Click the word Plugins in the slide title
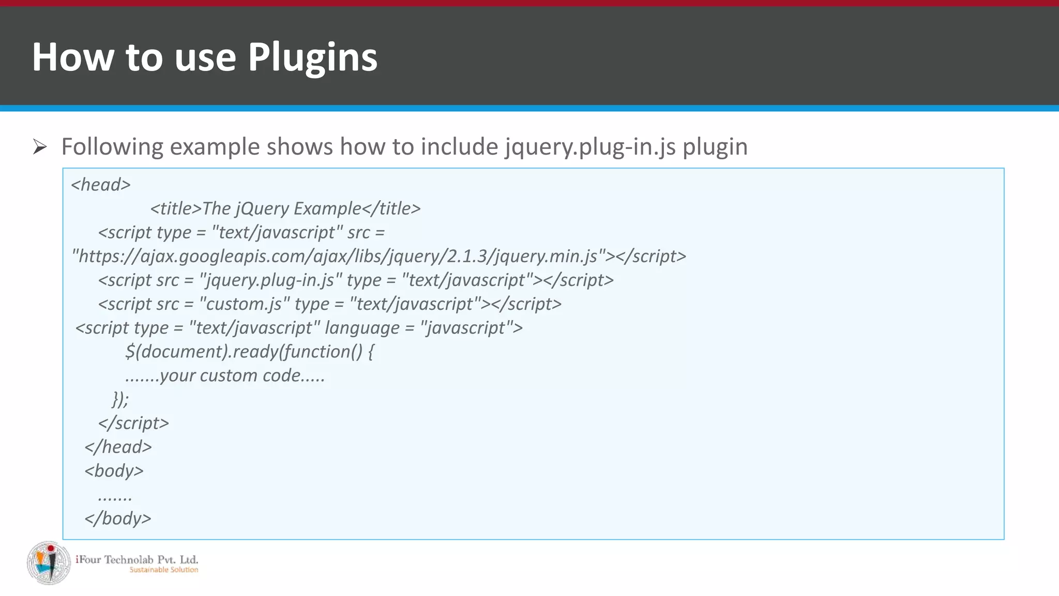click(312, 57)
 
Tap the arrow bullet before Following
click(39, 147)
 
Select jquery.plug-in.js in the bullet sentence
click(590, 147)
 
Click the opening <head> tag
click(101, 185)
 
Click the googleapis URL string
click(339, 256)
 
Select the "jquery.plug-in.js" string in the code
click(270, 280)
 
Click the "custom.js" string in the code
click(241, 304)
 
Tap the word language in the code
click(362, 327)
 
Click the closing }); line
click(120, 399)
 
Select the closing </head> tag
click(118, 446)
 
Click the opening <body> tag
click(114, 470)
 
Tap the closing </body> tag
click(118, 518)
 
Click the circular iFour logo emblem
click(49, 563)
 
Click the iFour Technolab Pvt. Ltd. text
click(137, 559)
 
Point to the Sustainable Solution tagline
click(163, 570)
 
